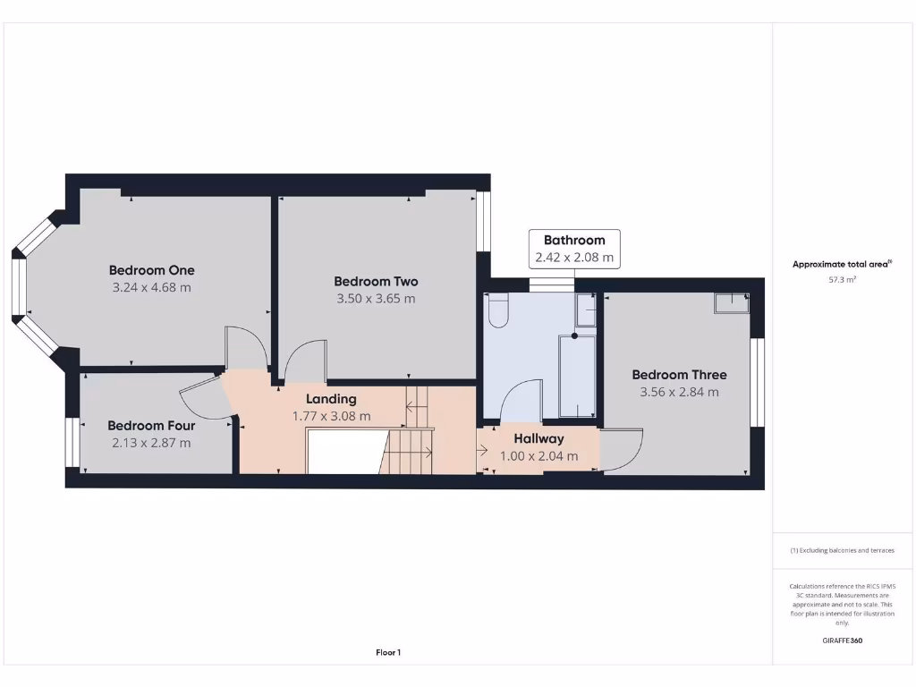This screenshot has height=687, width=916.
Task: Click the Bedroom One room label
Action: pos(151,270)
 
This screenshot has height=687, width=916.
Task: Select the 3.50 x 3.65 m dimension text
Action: pos(376,299)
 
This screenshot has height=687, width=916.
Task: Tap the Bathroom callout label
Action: pos(574,240)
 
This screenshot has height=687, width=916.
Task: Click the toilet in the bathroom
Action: pos(497,311)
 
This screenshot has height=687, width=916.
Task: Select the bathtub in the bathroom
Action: pos(577,376)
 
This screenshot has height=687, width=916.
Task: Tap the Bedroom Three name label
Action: pos(679,375)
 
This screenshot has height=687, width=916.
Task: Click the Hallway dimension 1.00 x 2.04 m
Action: pos(539,455)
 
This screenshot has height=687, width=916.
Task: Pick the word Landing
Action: pos(331,399)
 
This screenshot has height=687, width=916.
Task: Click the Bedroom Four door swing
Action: pos(204,397)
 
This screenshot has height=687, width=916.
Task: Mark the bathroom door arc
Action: pos(521,400)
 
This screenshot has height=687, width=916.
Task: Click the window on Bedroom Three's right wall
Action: pos(758,381)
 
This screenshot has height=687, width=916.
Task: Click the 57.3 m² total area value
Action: pos(842,280)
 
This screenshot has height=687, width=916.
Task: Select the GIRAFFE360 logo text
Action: pos(842,640)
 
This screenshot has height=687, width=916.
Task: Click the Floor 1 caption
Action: pos(387,653)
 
